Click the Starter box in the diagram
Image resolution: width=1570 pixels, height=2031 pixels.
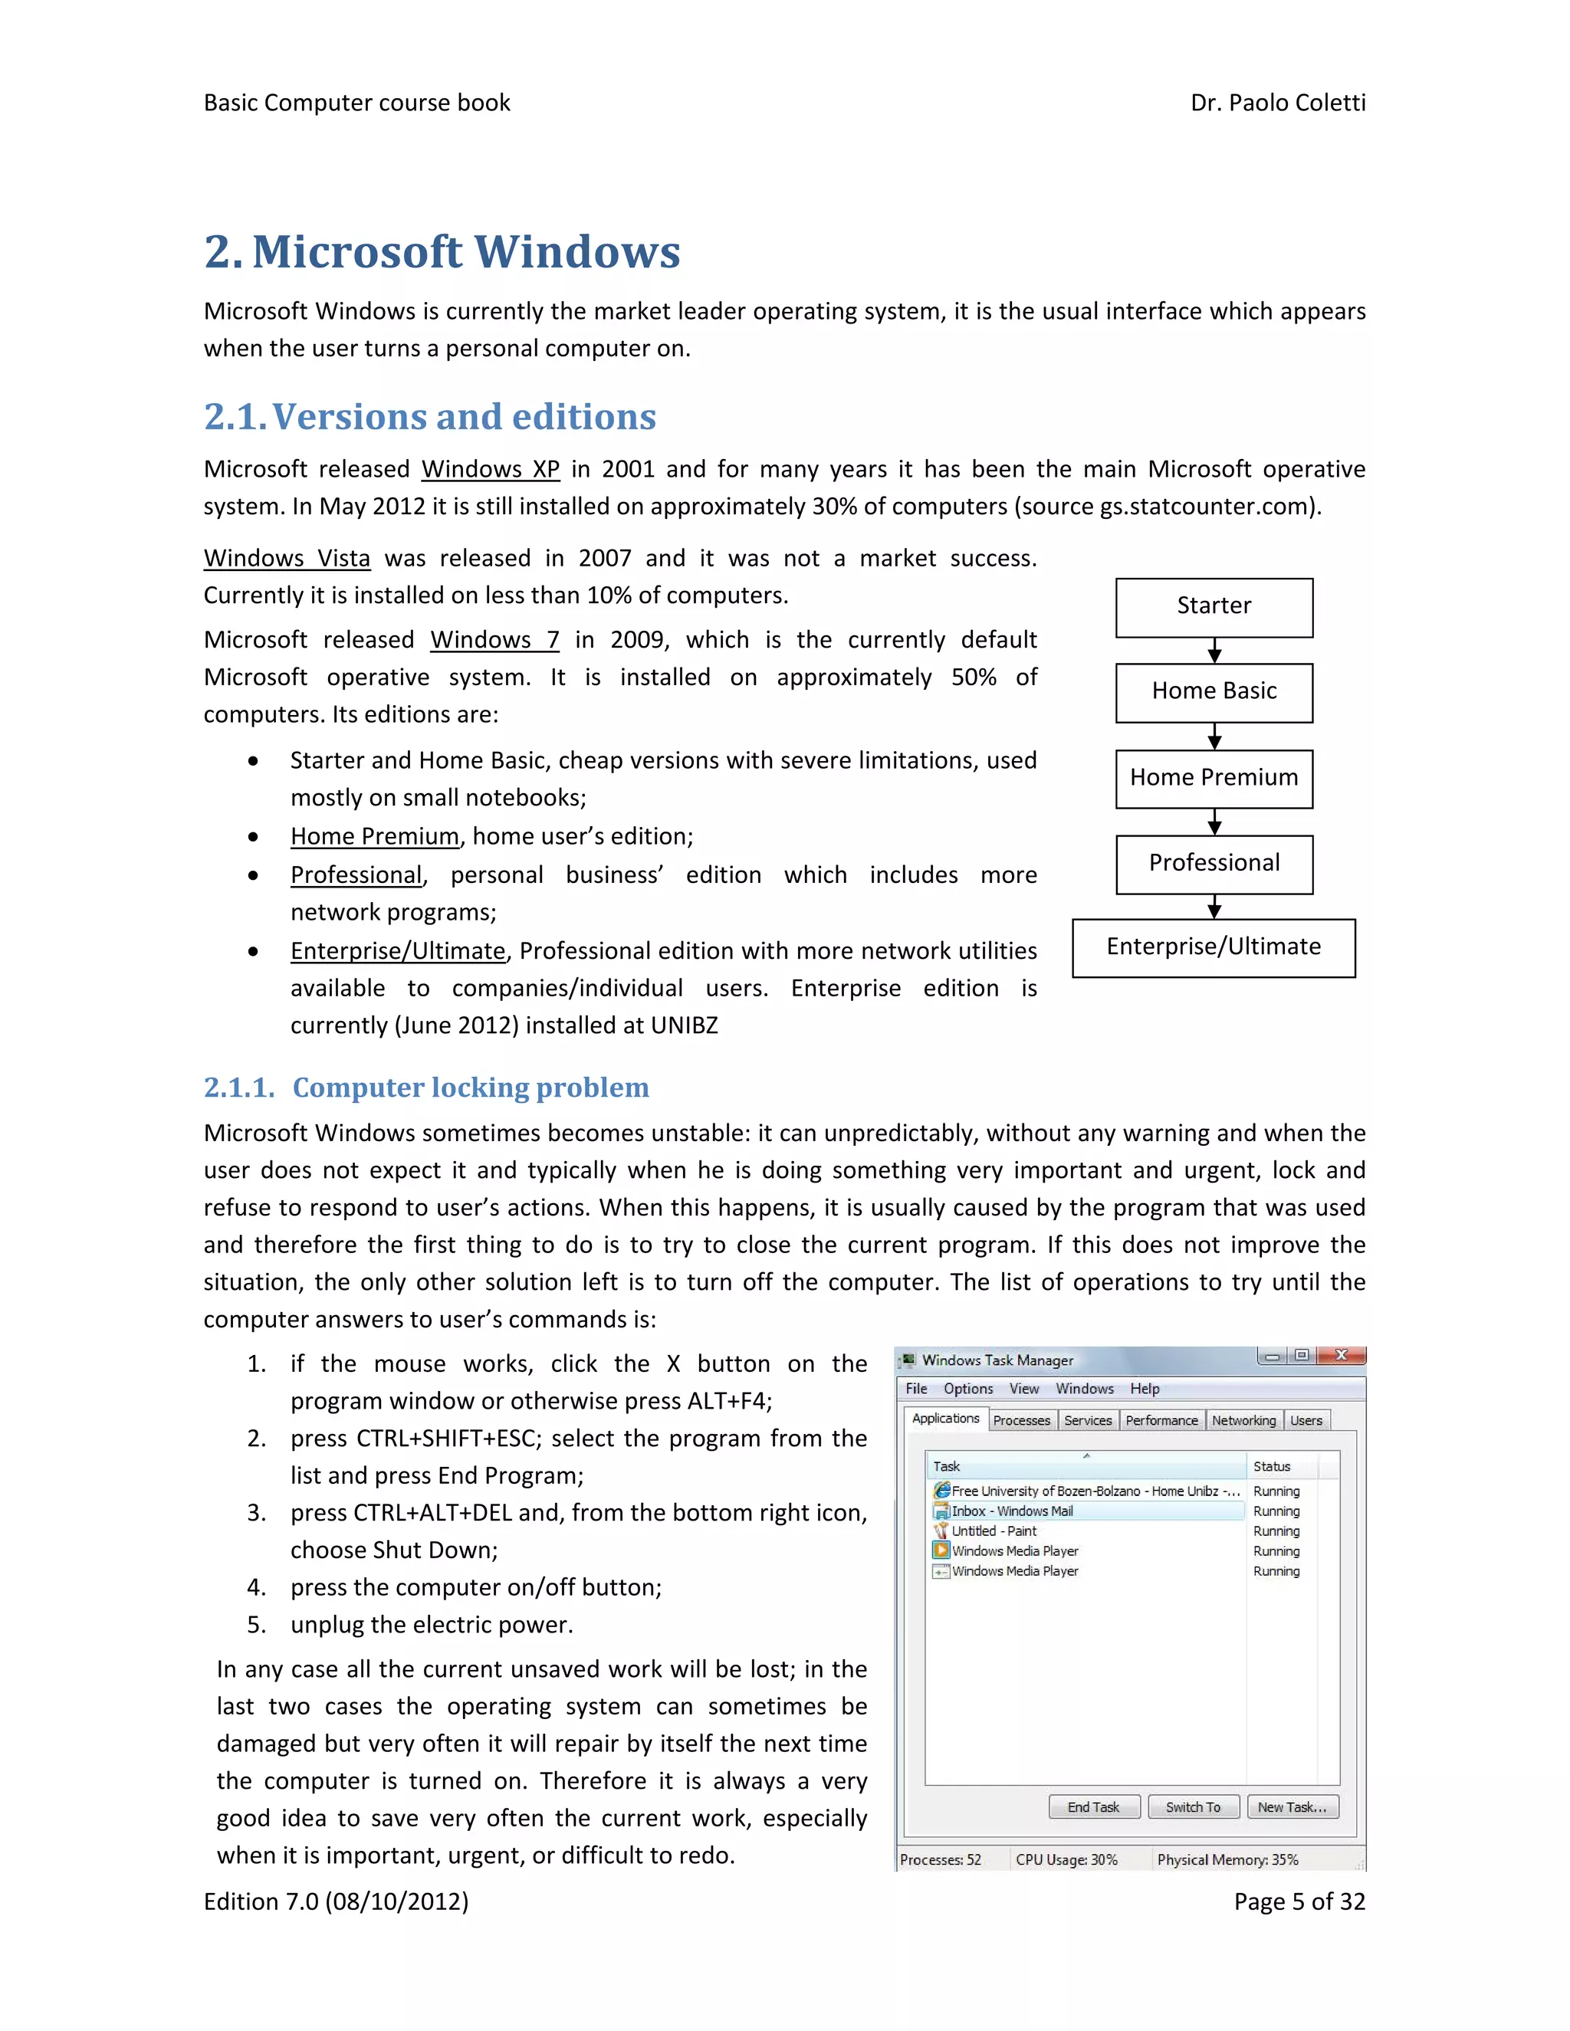tap(1214, 607)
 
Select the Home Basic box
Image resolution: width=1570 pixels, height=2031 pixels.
tap(1214, 692)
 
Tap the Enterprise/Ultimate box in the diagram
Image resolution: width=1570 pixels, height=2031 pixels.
tap(1213, 947)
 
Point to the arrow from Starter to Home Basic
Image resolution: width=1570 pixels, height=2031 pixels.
tap(1214, 650)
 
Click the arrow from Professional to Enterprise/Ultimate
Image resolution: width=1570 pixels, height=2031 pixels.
tap(1214, 907)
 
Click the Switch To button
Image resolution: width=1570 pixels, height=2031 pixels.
tap(1192, 1807)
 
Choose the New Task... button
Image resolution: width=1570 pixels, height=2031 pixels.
tap(1292, 1807)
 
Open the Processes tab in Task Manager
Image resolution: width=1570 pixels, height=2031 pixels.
tap(1021, 1420)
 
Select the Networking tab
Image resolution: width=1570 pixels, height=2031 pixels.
tap(1243, 1420)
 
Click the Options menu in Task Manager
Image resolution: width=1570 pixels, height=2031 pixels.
tap(968, 1389)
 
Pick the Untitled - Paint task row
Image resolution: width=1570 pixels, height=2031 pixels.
tap(994, 1531)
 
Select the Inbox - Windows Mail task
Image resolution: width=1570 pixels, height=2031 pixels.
tap(1012, 1511)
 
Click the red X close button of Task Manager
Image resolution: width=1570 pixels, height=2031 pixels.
tap(1342, 1356)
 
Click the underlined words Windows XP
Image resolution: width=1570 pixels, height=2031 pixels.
tap(490, 469)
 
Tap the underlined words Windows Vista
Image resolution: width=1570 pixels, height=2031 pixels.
tap(287, 558)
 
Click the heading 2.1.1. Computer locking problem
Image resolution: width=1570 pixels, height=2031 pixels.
tap(426, 1087)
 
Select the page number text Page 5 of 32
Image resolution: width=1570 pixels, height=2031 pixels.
tap(1299, 1901)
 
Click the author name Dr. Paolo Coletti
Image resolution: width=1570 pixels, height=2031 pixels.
tap(1277, 102)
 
